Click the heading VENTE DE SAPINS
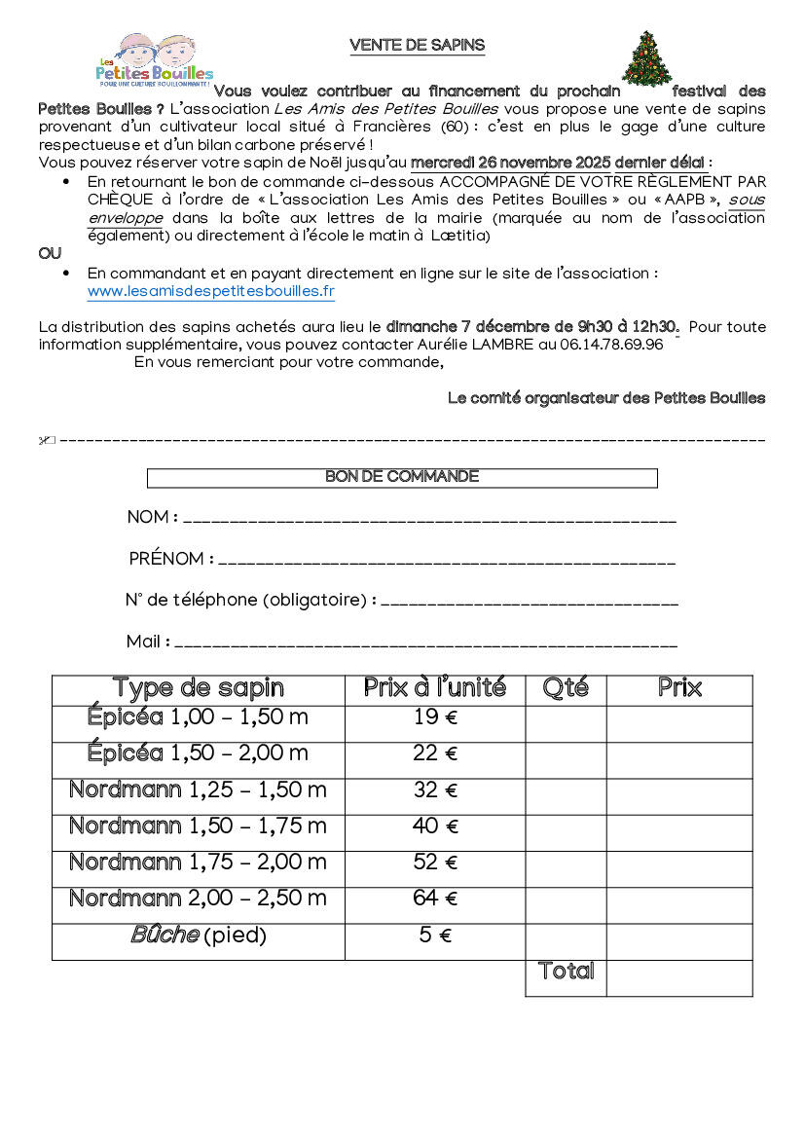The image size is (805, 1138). (417, 46)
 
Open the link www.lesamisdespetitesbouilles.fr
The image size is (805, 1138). (210, 291)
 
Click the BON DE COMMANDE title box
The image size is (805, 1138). (402, 477)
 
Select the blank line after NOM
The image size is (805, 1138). (429, 520)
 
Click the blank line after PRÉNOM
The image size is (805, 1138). (448, 562)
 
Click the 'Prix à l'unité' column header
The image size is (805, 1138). (434, 689)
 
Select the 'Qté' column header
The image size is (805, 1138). (566, 689)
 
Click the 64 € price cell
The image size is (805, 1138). (434, 899)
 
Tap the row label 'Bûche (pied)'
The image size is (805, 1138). (198, 936)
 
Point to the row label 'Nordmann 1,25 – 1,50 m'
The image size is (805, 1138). (198, 790)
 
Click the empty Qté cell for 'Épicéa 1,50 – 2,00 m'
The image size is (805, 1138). (566, 754)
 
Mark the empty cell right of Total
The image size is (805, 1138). (679, 977)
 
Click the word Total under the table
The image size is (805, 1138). (566, 972)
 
